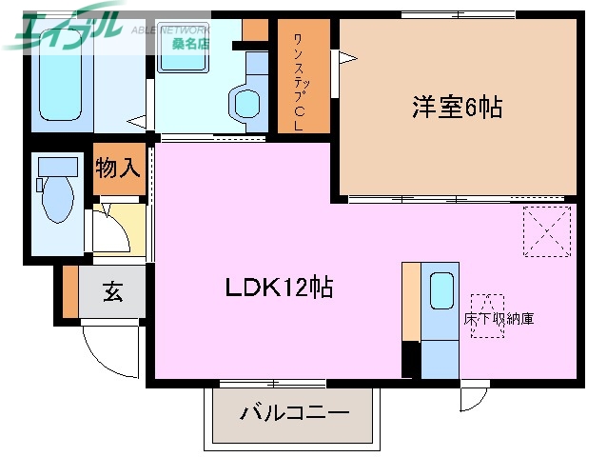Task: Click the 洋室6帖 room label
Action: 456,107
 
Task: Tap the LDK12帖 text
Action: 278,288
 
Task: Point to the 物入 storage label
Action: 118,169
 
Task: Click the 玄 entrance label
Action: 112,293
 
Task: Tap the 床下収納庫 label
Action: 498,318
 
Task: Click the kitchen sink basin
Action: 441,291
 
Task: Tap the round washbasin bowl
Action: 245,102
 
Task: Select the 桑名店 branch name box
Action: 189,43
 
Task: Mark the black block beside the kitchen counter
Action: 410,360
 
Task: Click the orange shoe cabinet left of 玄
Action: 70,292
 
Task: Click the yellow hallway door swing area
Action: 122,229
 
